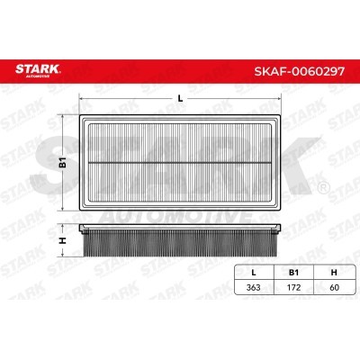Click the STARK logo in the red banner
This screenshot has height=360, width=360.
point(38,70)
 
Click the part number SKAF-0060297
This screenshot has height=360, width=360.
point(300,71)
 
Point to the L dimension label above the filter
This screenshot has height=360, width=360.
point(180,98)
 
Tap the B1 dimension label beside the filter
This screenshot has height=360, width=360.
point(62,162)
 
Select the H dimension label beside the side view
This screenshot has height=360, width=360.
point(62,240)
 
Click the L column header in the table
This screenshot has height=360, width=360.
point(254,273)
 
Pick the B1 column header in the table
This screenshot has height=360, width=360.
point(293,273)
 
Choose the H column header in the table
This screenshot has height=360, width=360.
point(334,273)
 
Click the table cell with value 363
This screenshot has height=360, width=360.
point(253,287)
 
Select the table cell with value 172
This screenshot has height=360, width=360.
point(293,287)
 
